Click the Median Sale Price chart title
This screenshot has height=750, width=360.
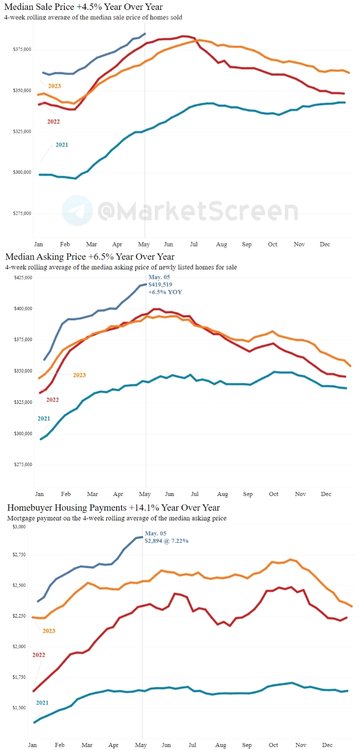[x=83, y=7]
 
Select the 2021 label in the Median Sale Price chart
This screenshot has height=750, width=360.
[x=62, y=145]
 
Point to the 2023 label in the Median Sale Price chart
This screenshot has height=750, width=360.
[x=54, y=86]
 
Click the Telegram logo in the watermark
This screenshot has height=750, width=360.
[x=77, y=211]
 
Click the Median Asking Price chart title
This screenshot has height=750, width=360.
[x=90, y=256]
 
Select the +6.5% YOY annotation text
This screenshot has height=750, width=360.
[x=165, y=292]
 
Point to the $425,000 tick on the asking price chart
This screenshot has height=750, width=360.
[x=22, y=277]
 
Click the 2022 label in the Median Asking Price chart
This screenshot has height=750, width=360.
[x=53, y=385]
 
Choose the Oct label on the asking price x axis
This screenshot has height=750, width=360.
[x=273, y=495]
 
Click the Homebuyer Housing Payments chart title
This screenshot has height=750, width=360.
[x=113, y=508]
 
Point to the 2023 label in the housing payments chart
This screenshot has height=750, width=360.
[x=48, y=631]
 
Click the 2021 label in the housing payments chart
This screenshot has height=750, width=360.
[x=42, y=703]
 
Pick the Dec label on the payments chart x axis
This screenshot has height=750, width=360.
[x=326, y=745]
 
